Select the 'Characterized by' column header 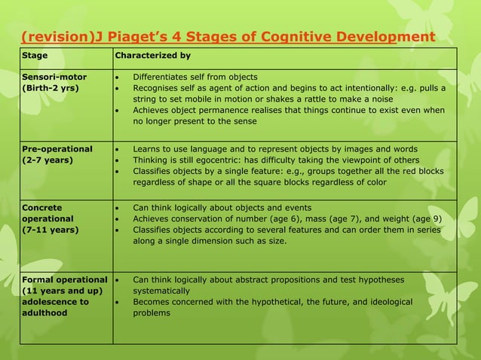tap(152, 56)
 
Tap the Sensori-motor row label tap(54, 77)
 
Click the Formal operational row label tap(64, 280)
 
